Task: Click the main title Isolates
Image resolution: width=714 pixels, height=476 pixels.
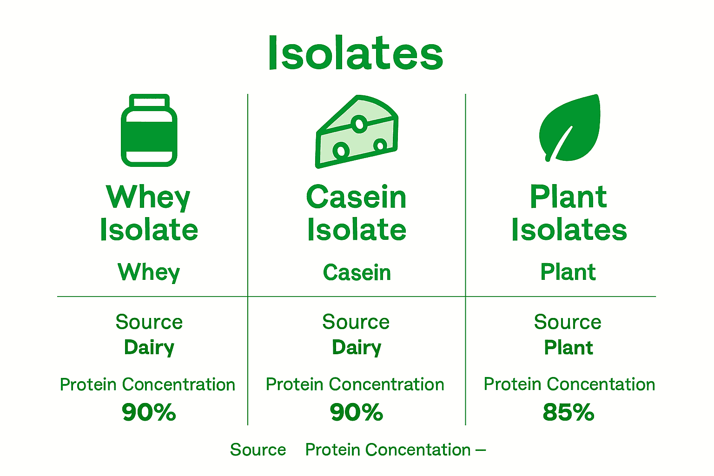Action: coord(356,53)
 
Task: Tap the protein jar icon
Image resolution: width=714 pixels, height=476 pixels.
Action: coord(149,131)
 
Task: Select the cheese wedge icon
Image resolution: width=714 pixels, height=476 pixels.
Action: coord(357,132)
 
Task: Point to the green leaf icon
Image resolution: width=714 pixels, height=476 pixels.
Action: coord(569,128)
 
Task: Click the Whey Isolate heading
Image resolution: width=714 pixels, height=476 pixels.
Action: coord(149,213)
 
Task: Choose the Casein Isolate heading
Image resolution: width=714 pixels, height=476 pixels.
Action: coord(357,213)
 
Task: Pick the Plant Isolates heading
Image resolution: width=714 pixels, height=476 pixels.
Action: coord(569,213)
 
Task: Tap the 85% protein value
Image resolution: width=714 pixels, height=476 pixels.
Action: coord(569,412)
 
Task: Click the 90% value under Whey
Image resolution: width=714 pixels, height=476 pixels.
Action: coord(149,412)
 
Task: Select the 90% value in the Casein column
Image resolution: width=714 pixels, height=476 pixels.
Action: coord(357,412)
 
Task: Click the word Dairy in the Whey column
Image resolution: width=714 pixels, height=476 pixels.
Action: coord(149,348)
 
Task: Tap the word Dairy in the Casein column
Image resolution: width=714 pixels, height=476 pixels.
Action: coord(357,348)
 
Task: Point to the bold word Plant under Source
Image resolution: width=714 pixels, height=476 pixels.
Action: coord(569,347)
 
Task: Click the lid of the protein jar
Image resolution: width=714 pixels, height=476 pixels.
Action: coord(149,101)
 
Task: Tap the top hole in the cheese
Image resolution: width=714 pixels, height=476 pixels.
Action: coord(359,124)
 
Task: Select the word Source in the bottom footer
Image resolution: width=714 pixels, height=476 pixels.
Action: coord(258,450)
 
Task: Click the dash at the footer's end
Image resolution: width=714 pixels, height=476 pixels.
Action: coord(481,450)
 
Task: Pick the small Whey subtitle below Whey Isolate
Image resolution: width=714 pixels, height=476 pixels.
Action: coord(149,272)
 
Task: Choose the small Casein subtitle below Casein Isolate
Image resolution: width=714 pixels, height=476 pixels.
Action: coord(357,272)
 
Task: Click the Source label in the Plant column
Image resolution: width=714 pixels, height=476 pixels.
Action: coord(568,322)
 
